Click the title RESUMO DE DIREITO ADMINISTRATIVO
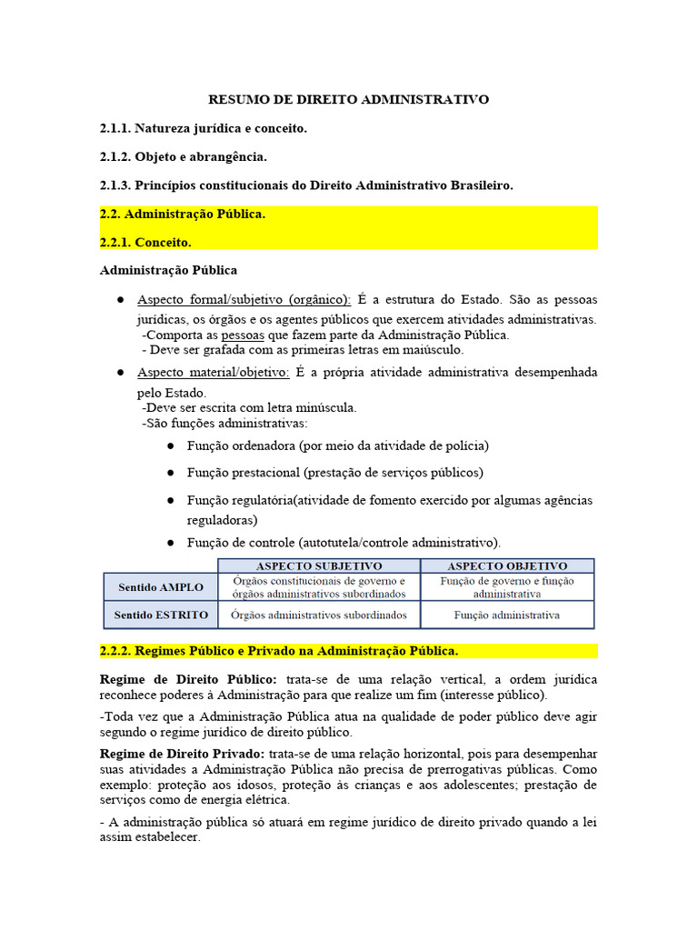[x=349, y=99]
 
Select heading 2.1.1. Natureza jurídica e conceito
[x=204, y=128]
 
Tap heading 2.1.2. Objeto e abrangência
[x=183, y=157]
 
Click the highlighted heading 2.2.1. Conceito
[x=145, y=243]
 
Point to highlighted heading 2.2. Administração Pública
[x=182, y=215]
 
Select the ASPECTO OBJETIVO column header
[x=507, y=566]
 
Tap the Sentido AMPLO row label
[x=161, y=587]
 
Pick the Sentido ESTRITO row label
[x=161, y=615]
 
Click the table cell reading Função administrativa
[x=507, y=615]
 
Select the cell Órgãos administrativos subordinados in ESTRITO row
[x=319, y=615]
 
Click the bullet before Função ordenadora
[x=172, y=445]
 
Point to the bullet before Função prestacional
[x=172, y=473]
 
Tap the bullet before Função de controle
[x=172, y=542]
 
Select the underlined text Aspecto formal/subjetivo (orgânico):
[x=244, y=300]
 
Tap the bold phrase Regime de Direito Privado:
[x=182, y=754]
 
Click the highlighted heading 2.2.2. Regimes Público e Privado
[x=278, y=651]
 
